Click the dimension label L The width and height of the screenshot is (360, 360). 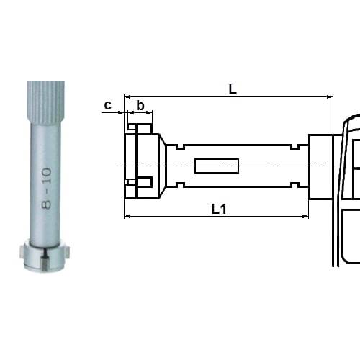coord(233,89)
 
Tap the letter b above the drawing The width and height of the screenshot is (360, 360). coord(140,106)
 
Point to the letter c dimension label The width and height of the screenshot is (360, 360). coord(108,105)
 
